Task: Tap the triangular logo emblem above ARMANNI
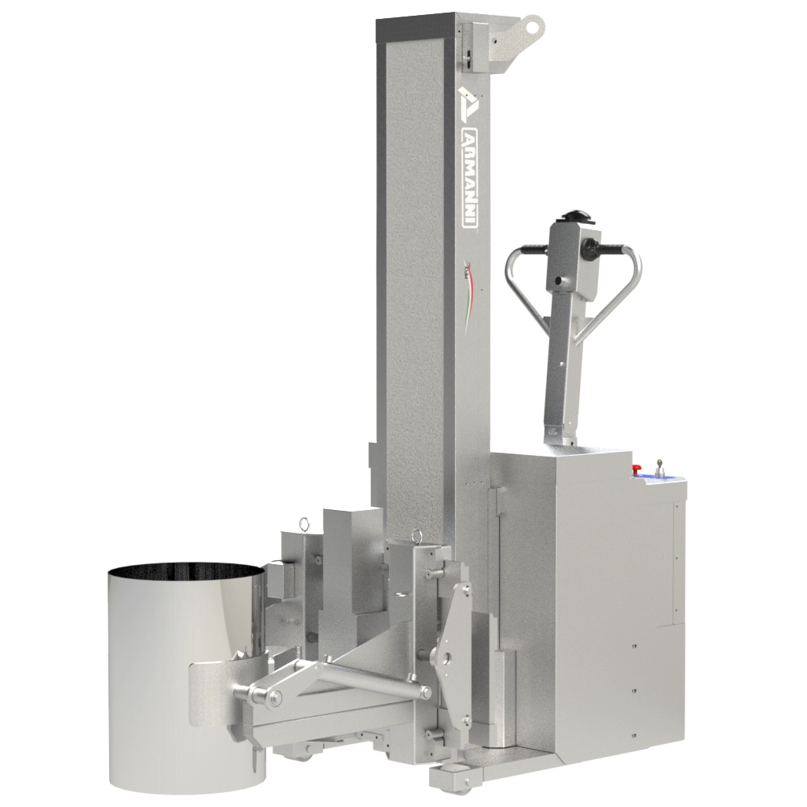click(467, 101)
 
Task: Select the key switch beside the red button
click(658, 469)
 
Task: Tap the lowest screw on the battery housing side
click(633, 728)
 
